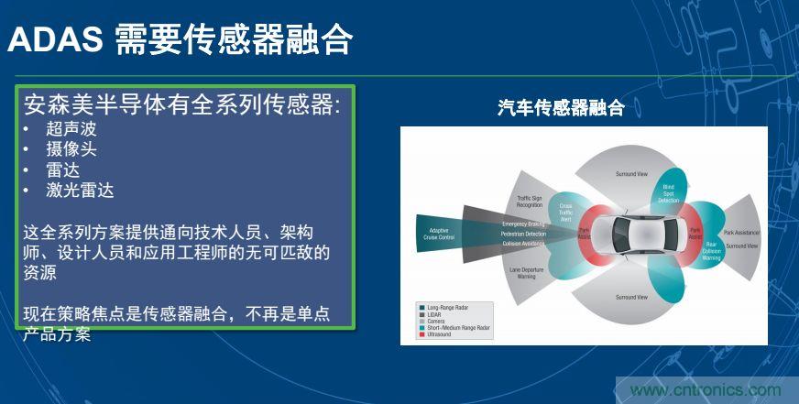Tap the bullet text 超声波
click(x=71, y=128)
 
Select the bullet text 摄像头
click(x=71, y=148)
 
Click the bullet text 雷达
click(x=63, y=169)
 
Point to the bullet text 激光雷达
click(x=80, y=191)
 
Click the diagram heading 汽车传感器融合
click(x=561, y=108)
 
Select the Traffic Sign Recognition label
click(x=530, y=201)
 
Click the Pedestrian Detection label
click(x=523, y=234)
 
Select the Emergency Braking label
click(x=523, y=224)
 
